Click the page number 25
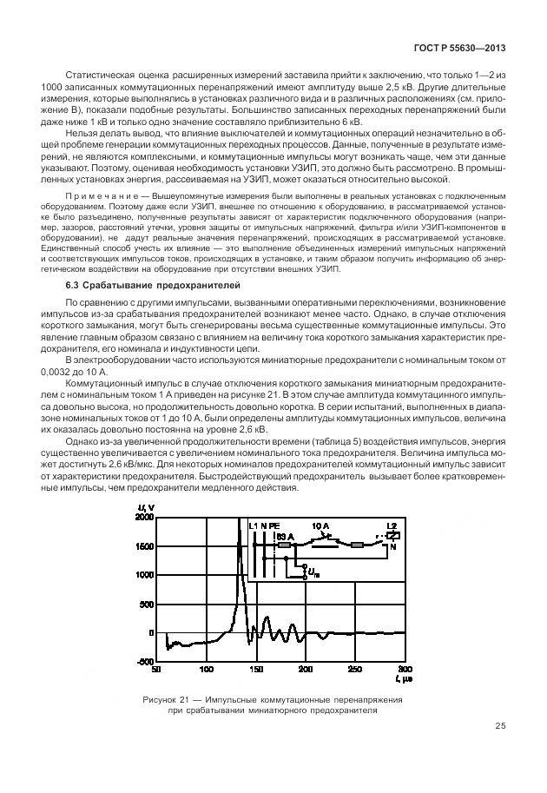click(500, 726)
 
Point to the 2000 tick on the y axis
click(142, 517)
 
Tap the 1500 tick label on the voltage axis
click(142, 545)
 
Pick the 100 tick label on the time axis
click(206, 670)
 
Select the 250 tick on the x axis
click(355, 670)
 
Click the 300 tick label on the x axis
click(405, 670)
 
